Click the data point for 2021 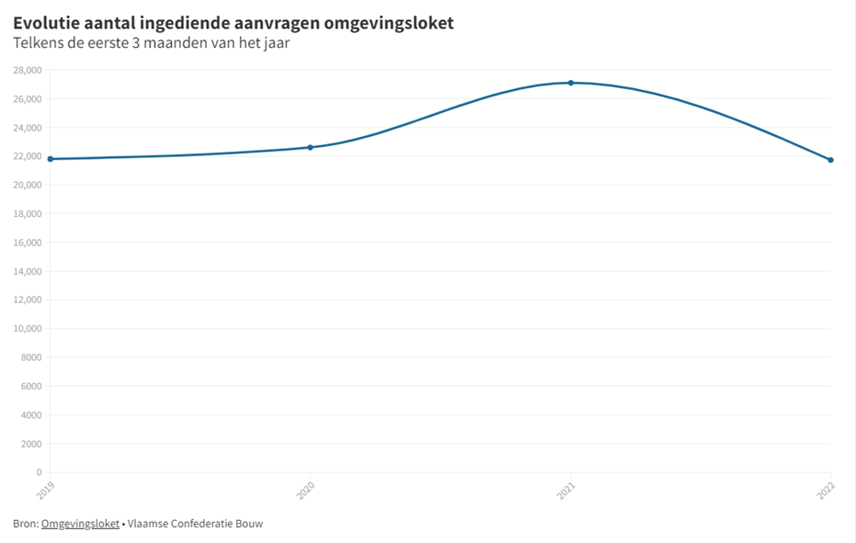571,83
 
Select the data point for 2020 310,147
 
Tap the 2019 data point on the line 50,159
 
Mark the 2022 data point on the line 831,160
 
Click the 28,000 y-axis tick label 27,70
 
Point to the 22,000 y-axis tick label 27,156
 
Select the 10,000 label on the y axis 27,329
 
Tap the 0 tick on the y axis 39,472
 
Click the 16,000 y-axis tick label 27,243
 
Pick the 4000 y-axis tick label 29,415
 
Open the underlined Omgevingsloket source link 80,524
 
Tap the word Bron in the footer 25,524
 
